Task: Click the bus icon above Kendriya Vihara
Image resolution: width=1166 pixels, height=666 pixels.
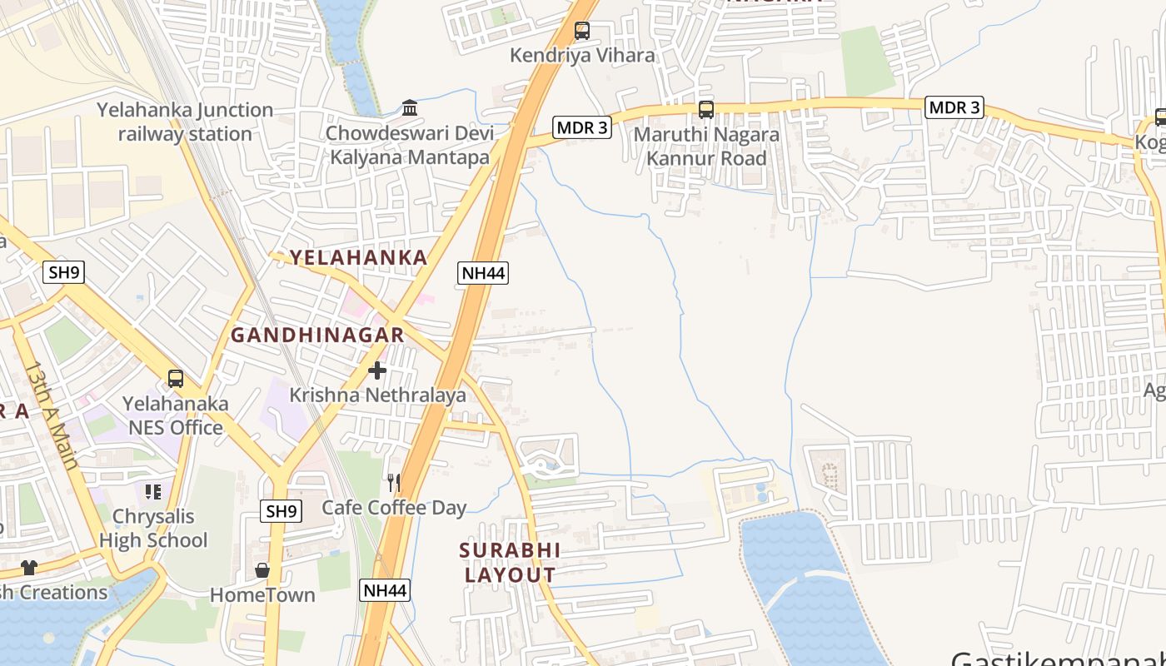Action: [x=582, y=32]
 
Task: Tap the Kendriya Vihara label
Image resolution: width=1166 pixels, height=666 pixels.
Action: [x=582, y=56]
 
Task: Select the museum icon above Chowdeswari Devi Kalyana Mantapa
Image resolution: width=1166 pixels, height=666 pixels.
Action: [x=410, y=108]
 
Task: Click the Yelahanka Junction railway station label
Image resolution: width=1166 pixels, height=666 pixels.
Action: [x=185, y=122]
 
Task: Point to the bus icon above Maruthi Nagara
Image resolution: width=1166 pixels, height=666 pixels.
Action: [x=706, y=109]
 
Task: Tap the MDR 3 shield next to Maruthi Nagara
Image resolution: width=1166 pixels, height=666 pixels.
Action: [x=582, y=127]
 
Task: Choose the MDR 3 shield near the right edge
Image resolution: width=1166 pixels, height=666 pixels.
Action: [x=954, y=107]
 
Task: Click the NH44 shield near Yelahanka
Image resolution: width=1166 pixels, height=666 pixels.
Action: [x=482, y=272]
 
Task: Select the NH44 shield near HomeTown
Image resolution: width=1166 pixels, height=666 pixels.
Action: [x=386, y=590]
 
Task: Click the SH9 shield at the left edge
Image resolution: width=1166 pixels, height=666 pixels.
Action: [x=64, y=271]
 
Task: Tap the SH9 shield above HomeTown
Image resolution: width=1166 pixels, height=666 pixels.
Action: [x=282, y=511]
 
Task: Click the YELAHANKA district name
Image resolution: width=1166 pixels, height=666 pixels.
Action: [x=358, y=257]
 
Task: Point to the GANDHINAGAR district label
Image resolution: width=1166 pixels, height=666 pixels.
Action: [x=317, y=335]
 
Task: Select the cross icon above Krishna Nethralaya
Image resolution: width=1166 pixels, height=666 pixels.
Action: [x=377, y=370]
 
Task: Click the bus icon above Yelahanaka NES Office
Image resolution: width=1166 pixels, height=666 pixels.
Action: [x=176, y=379]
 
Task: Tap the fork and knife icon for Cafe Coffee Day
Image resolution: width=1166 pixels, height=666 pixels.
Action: [x=394, y=483]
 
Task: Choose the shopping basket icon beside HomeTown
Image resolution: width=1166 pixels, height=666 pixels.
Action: [x=262, y=570]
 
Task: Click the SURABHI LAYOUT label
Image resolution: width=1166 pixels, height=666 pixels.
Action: [x=510, y=563]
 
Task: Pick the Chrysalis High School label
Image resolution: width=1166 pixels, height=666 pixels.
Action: [x=153, y=528]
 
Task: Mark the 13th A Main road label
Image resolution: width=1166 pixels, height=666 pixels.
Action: [x=52, y=415]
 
